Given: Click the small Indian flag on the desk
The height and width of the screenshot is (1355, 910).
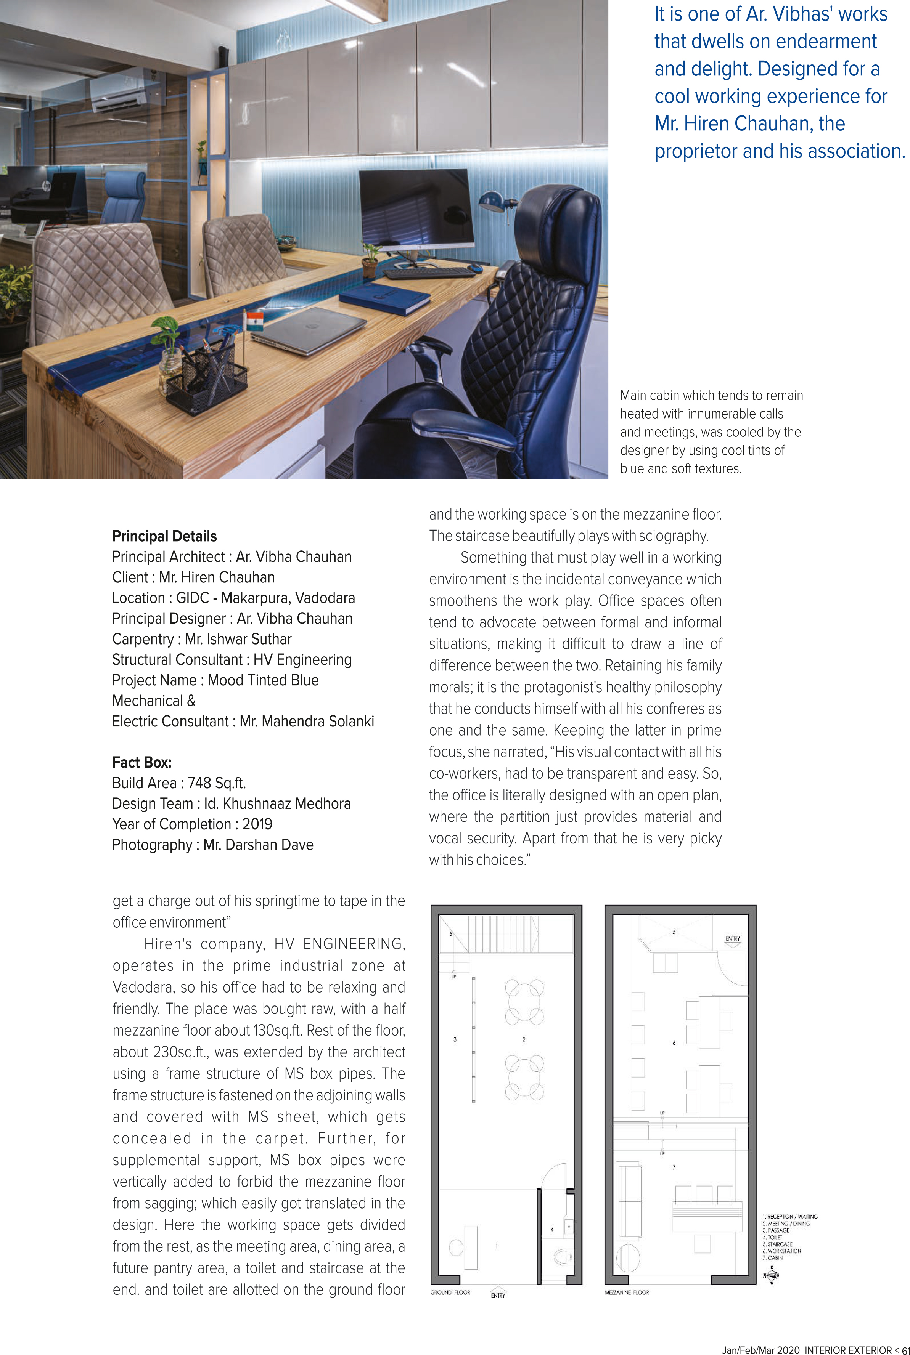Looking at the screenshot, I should [254, 320].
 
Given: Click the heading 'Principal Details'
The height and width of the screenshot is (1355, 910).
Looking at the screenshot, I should [164, 536].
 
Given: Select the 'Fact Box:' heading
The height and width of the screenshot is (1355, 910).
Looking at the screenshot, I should [141, 762].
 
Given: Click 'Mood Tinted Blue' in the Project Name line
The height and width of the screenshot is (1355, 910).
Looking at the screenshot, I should [263, 680].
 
